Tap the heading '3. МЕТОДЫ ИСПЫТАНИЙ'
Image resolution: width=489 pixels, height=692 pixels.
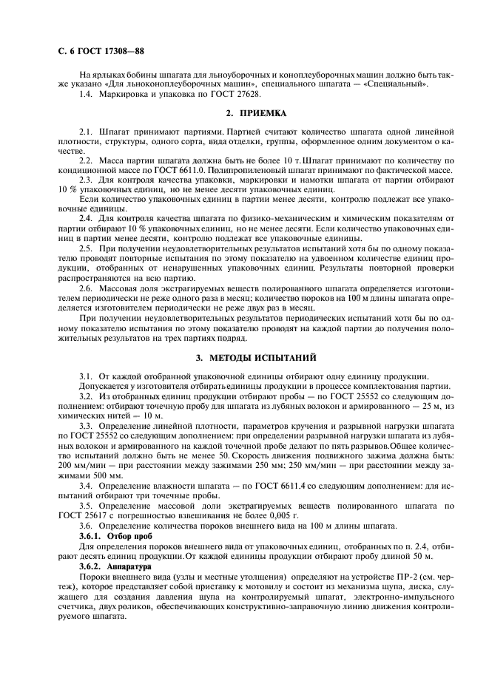pos(244,358)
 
